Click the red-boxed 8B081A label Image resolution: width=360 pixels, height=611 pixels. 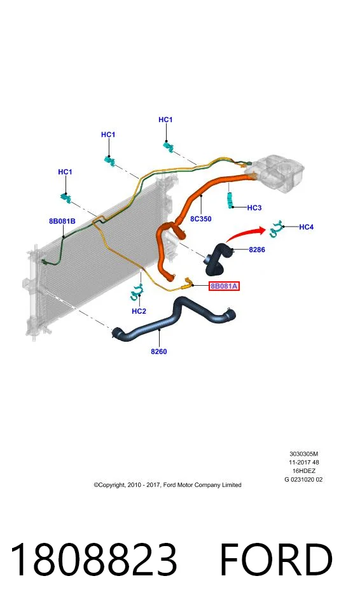coord(224,286)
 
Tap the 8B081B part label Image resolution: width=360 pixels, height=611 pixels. coord(62,221)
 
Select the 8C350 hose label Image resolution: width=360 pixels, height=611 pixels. coord(201,219)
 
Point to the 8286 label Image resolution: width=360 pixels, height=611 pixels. coord(257,249)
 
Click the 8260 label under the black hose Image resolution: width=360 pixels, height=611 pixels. coord(159,351)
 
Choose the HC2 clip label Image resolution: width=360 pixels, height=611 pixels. coord(139,311)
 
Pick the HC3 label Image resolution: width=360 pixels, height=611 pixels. coord(254,208)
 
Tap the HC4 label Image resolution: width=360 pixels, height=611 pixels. coord(306,227)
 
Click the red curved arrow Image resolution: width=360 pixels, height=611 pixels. coord(245,232)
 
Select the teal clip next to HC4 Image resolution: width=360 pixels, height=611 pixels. coord(276,228)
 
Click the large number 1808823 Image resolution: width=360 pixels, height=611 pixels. coord(93,559)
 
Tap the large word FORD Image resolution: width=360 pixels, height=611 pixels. coord(276,559)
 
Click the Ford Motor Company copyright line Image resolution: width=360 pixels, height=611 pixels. coord(167,485)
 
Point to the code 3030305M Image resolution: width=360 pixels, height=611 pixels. coord(303,454)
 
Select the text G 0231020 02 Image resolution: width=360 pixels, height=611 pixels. coord(303,480)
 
